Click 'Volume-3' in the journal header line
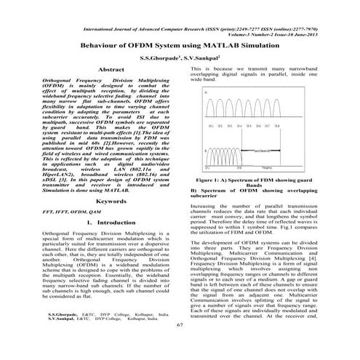pyautogui.click(x=242, y=34)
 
